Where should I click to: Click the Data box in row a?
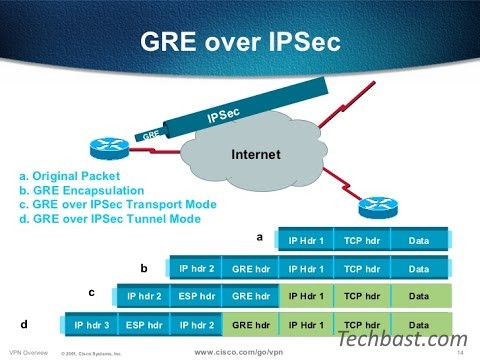(419, 241)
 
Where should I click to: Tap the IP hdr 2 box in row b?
(197, 269)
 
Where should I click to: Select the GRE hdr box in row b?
(252, 269)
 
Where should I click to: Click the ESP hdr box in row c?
(197, 296)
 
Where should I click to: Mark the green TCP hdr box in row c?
(362, 296)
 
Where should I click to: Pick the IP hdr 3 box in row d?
(91, 325)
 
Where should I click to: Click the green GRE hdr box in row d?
(252, 325)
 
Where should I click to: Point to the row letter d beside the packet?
(24, 324)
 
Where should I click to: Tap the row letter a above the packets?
(260, 238)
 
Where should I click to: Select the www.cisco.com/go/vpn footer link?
(233, 352)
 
